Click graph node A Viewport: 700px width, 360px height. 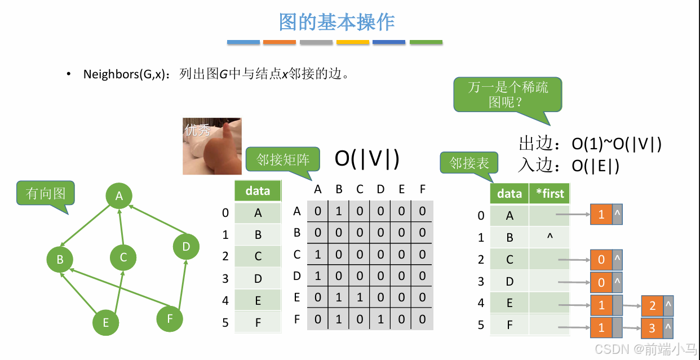point(119,195)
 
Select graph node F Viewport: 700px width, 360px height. point(170,319)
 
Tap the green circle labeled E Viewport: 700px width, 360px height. point(106,323)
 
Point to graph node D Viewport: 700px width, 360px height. point(186,246)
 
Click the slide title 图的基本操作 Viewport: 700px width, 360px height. point(337,22)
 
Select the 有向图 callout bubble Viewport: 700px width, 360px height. point(46,194)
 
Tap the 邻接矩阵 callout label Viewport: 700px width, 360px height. point(283,159)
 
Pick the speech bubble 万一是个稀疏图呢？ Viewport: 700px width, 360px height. point(508,95)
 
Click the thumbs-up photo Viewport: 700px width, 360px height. point(212,146)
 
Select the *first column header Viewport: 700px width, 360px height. point(550,194)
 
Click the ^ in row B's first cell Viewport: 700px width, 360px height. point(550,237)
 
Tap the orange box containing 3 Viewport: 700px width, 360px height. point(652,328)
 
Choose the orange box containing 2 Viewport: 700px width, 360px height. point(653,306)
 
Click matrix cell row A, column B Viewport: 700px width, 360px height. point(339,211)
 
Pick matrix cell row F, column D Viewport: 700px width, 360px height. point(380,319)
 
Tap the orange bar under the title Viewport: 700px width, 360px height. point(280,42)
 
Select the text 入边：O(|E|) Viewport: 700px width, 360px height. point(569,166)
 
